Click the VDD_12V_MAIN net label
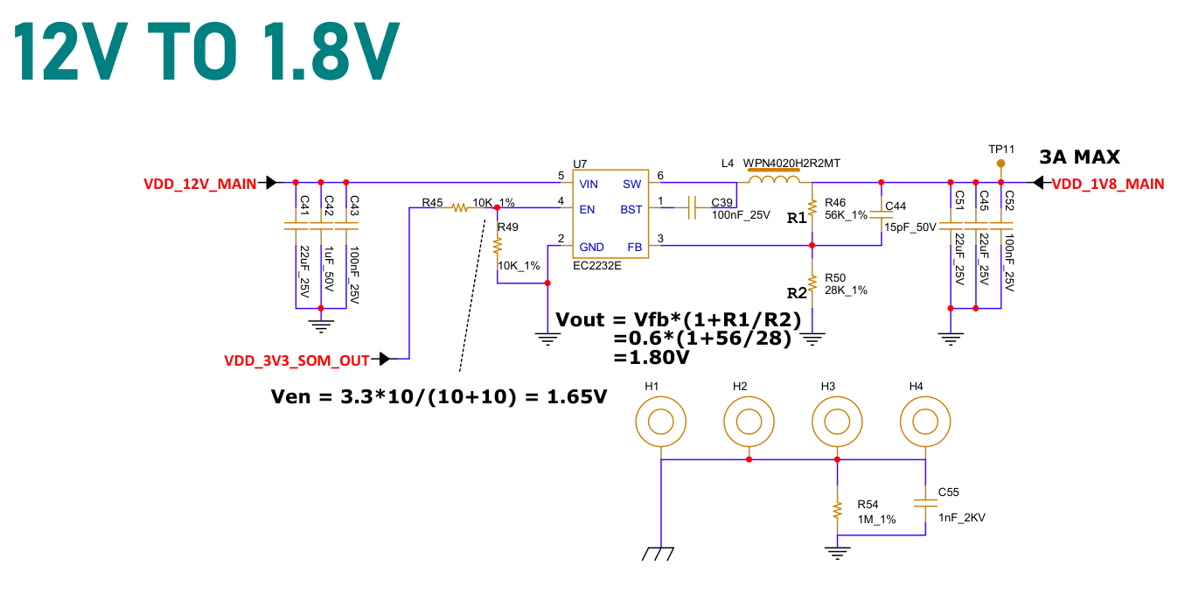(x=200, y=184)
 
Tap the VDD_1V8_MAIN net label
(x=1107, y=184)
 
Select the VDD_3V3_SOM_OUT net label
(x=296, y=360)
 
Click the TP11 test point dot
(x=1000, y=164)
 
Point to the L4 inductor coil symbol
(x=774, y=180)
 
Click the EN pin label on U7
(x=587, y=209)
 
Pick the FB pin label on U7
(x=635, y=248)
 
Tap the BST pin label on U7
(x=631, y=209)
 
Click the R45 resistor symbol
(x=460, y=207)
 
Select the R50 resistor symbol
(x=812, y=283)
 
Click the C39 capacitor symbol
(x=692, y=207)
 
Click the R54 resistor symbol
(x=837, y=510)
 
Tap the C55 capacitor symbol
(x=925, y=503)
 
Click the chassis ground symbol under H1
(x=658, y=554)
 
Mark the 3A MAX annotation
(x=1080, y=157)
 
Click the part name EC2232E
(x=597, y=266)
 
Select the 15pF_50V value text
(x=910, y=227)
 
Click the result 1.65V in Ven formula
(x=577, y=396)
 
